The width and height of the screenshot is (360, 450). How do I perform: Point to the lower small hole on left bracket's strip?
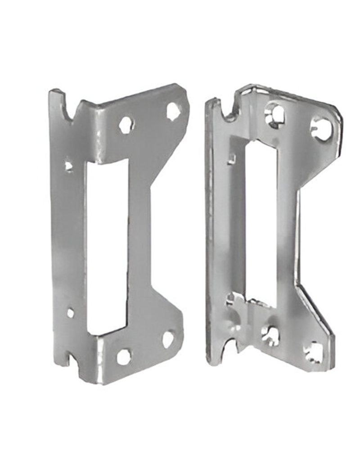tap(70, 312)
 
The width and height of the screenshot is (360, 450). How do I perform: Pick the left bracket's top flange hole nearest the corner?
tap(173, 111)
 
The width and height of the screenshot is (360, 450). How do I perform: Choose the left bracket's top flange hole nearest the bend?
tap(126, 125)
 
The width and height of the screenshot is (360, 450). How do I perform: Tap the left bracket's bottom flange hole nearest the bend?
tap(124, 356)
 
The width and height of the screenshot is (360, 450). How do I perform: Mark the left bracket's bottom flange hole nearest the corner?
tap(168, 338)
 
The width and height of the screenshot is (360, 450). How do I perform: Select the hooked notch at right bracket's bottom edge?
tap(233, 346)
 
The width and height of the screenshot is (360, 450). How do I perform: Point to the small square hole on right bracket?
tap(232, 158)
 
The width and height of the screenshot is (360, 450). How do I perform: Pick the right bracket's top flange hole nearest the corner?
tap(322, 129)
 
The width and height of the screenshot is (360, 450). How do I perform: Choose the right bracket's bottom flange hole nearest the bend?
tap(270, 335)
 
